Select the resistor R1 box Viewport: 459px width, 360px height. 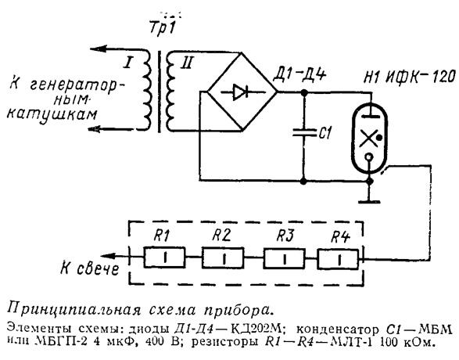coord(164,257)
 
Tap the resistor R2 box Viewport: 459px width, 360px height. coord(223,257)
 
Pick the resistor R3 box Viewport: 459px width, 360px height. coord(285,257)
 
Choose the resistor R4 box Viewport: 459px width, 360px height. coord(338,259)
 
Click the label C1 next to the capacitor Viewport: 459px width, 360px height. coord(325,133)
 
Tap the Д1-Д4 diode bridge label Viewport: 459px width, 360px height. coord(299,74)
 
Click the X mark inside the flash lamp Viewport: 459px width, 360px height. coord(368,139)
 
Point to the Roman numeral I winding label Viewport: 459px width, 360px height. coord(128,63)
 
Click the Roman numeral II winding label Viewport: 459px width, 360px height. coord(186,63)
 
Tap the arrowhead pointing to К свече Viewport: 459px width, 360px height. coord(107,257)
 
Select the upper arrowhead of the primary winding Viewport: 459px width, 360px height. coord(99,49)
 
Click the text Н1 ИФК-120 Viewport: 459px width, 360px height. coord(409,77)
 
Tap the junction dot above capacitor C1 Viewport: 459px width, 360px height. coord(304,92)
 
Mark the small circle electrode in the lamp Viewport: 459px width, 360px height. coord(369,158)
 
